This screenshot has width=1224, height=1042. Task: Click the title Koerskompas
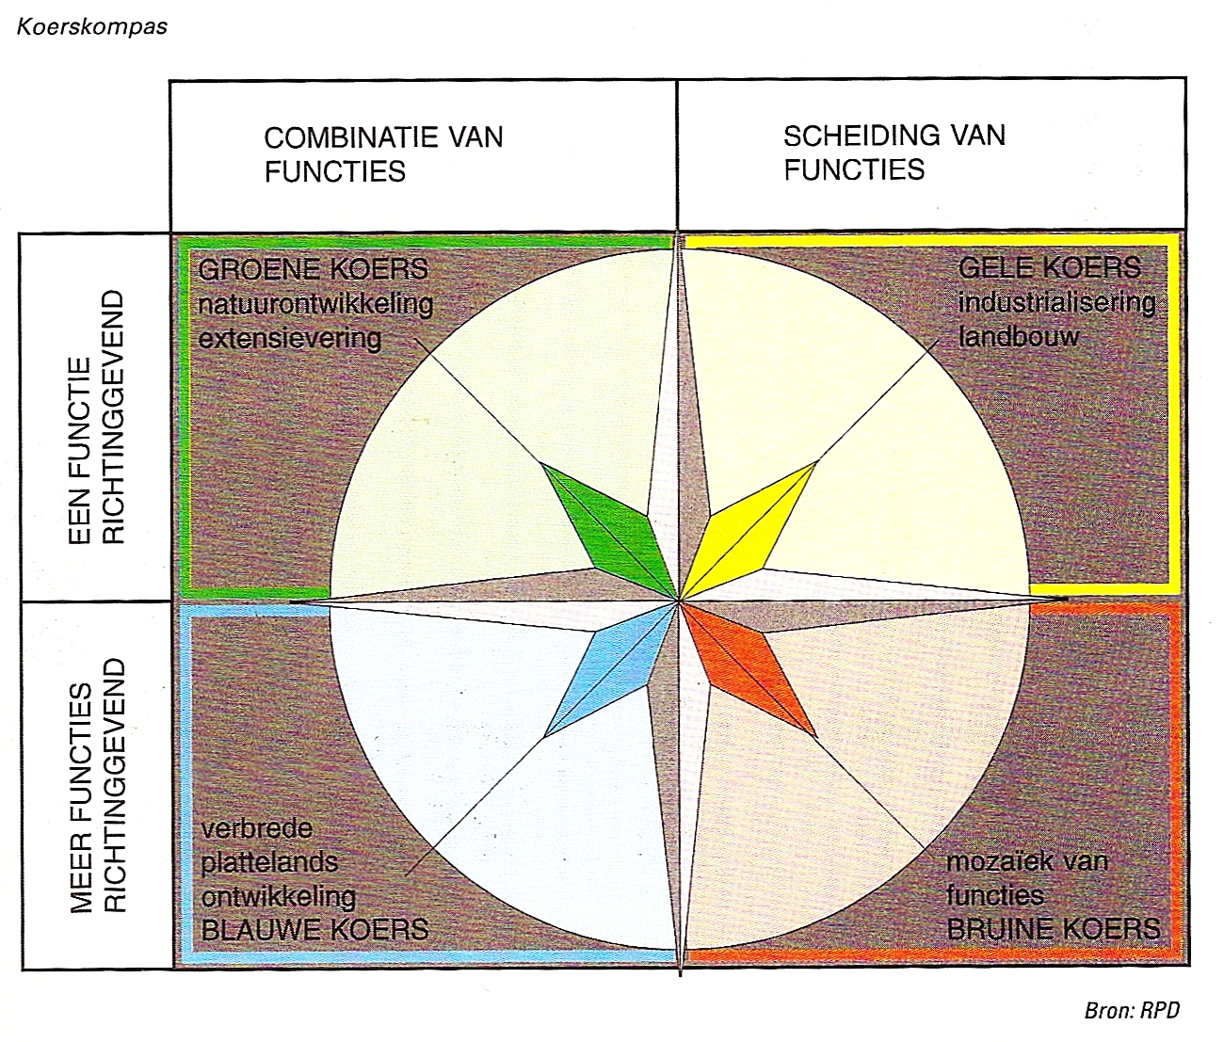click(x=92, y=26)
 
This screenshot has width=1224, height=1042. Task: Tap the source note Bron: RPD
click(x=1132, y=1011)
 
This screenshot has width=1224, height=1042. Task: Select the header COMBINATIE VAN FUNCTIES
click(x=383, y=154)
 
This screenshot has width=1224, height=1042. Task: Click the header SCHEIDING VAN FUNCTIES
click(x=894, y=152)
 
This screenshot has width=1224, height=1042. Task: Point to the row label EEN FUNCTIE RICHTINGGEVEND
click(x=96, y=417)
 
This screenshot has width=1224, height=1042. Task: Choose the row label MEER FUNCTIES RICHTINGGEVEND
click(x=96, y=786)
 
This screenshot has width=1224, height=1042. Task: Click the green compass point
click(x=608, y=523)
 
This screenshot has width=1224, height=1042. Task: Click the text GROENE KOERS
click(x=313, y=269)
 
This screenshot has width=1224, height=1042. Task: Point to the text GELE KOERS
click(x=1050, y=267)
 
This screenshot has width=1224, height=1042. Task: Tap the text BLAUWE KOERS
click(x=314, y=930)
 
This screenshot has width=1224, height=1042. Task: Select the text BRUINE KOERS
click(x=1053, y=929)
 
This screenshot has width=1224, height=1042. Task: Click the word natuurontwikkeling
click(x=315, y=304)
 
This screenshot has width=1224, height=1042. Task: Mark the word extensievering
click(x=290, y=338)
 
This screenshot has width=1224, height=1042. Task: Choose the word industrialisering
click(x=1056, y=302)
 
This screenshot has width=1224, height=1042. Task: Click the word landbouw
click(x=1018, y=336)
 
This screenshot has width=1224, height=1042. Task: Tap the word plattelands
click(x=269, y=862)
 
